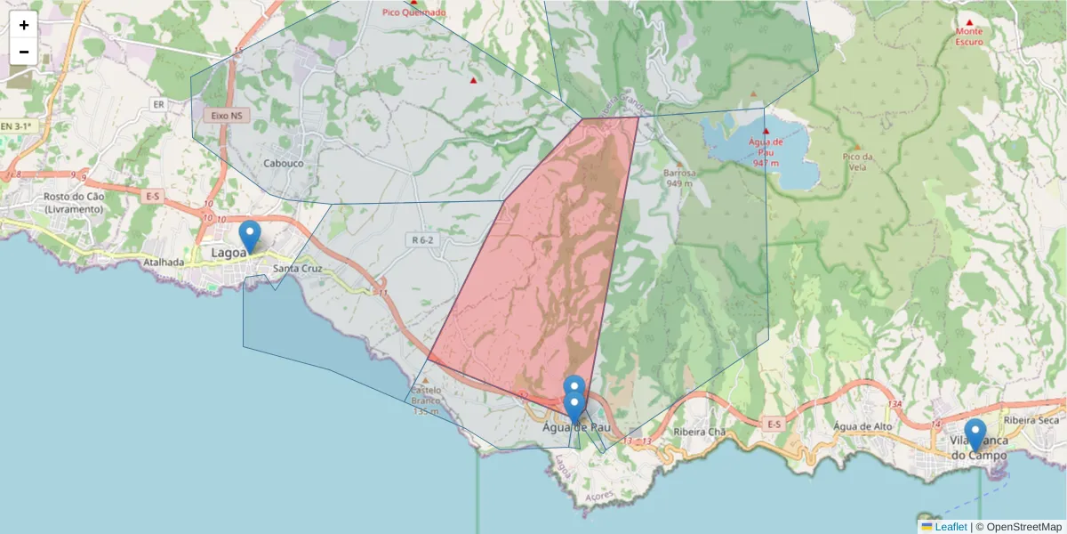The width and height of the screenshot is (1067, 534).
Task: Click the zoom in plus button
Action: coord(24,25)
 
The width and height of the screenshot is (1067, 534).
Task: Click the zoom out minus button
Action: coord(24,52)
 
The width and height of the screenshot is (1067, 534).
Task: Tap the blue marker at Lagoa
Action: coord(250,237)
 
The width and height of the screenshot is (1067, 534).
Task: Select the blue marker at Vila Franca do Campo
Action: coord(975,434)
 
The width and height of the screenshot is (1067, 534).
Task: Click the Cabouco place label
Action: coord(284,163)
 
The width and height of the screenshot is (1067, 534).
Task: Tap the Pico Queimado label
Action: coord(413,12)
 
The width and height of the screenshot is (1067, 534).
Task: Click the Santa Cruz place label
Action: coord(297,269)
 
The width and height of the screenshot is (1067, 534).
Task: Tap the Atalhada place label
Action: coord(164,263)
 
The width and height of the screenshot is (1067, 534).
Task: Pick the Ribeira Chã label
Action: coord(700,432)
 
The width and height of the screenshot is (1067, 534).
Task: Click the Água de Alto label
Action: coord(862,426)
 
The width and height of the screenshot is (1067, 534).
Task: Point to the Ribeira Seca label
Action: coord(1031,420)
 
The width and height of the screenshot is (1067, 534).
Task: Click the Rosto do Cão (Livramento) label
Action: coord(73,203)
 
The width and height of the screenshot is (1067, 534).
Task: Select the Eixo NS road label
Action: coord(226,116)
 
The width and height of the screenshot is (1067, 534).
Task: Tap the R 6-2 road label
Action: coord(422,239)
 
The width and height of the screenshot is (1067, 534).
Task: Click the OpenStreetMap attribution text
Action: coord(1018,527)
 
